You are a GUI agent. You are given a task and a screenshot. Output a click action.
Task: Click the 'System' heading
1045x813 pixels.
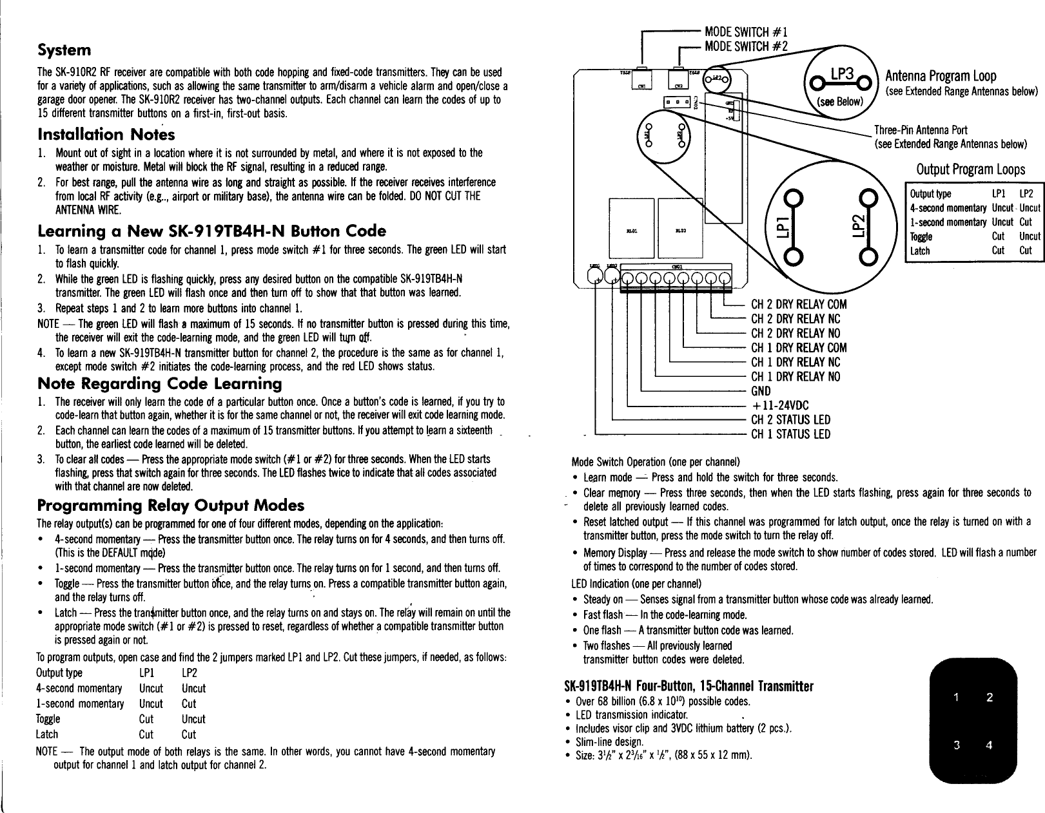pos(64,50)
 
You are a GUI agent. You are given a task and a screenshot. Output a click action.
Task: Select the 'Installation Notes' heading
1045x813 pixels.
pos(106,135)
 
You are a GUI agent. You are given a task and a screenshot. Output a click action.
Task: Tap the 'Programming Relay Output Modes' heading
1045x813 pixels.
pos(170,504)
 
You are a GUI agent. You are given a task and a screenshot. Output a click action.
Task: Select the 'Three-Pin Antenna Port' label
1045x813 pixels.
pos(921,130)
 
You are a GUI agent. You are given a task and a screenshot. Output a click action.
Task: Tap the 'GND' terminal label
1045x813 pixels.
pos(761,391)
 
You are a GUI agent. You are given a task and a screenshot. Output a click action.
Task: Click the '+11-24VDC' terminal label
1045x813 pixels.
pos(780,405)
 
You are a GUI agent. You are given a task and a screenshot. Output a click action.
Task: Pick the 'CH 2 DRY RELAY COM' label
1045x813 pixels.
pos(799,305)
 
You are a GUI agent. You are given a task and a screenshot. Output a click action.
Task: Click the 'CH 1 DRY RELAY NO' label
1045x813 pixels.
pos(796,377)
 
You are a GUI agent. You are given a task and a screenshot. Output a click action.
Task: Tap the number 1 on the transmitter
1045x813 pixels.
pos(957,696)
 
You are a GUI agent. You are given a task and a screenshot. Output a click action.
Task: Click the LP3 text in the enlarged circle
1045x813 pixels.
pos(842,76)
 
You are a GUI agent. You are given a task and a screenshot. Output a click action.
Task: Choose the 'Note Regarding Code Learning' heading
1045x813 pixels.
pos(160,384)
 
